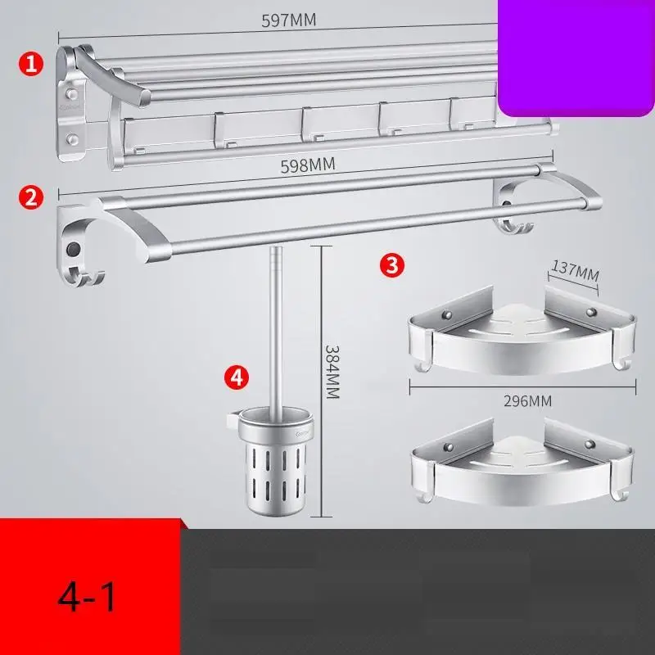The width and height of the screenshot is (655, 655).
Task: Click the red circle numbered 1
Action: click(31, 65)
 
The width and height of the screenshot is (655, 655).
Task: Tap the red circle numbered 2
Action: click(31, 197)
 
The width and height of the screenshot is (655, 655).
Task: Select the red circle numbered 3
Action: click(392, 264)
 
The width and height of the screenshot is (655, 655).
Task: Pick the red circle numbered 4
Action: click(237, 377)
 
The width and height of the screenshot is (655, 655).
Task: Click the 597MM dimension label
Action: click(289, 20)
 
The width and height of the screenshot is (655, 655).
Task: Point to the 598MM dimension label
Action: click(308, 165)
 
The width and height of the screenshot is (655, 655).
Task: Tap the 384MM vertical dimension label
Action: click(332, 372)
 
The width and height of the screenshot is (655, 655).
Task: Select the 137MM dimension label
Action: click(576, 270)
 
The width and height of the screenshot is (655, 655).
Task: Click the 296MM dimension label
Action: click(527, 401)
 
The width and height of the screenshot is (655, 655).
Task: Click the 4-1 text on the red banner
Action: click(87, 597)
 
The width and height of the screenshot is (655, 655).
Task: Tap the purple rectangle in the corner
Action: click(576, 58)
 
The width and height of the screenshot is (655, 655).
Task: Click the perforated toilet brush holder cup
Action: click(274, 463)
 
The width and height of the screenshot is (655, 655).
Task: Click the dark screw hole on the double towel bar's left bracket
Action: click(74, 249)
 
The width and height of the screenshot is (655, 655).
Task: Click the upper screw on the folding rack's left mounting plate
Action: click(72, 93)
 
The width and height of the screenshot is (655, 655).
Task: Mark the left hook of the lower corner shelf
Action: click(424, 496)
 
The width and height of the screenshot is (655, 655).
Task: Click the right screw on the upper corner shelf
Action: click(590, 312)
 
